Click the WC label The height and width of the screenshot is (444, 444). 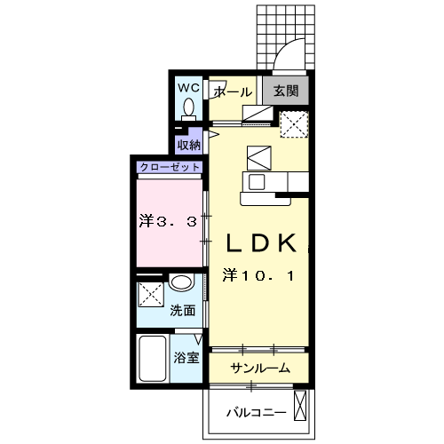coord(187,87)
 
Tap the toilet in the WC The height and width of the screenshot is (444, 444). coord(188,107)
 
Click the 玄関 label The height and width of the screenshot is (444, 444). coord(285,91)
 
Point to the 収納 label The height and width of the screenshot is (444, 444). coord(188,144)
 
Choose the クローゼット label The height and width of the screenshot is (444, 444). coord(169,166)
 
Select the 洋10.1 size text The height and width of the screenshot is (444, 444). coord(258,277)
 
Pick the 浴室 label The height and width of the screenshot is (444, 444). coord(186,360)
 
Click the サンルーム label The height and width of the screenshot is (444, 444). coord(259,369)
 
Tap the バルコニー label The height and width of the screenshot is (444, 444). coord(255,413)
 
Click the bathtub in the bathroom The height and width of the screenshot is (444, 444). coord(152,360)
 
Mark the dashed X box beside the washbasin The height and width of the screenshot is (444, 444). coord(150,293)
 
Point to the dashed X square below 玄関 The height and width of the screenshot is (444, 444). coord(294,123)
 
